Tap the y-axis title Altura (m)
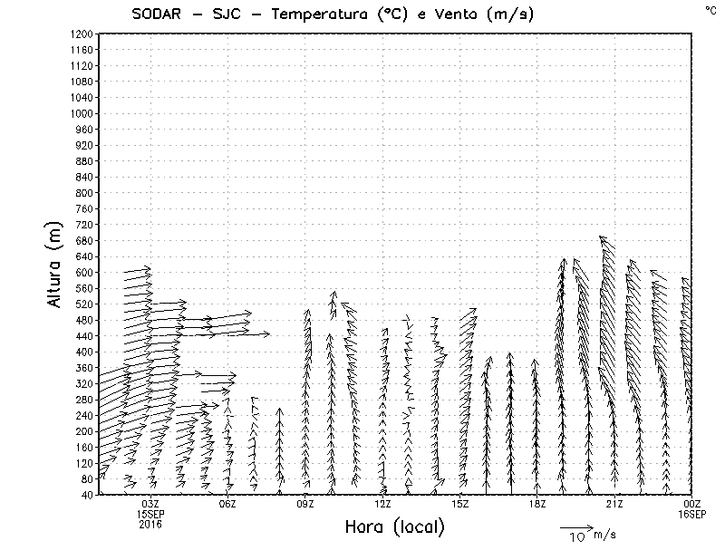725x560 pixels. click(55, 264)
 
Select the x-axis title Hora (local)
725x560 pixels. click(394, 527)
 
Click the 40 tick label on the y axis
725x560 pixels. click(86, 494)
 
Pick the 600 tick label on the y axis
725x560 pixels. click(83, 272)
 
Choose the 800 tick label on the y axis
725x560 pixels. click(83, 193)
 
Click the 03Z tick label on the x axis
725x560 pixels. click(151, 504)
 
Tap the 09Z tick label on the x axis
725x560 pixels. click(305, 504)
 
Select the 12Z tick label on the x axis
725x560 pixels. click(382, 504)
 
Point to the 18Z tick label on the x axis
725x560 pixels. click(536, 504)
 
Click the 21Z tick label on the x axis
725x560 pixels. click(614, 504)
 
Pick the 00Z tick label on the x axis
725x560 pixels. click(692, 504)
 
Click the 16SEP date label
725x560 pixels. click(692, 514)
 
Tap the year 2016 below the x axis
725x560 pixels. click(151, 524)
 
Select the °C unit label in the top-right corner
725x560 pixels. click(710, 9)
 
